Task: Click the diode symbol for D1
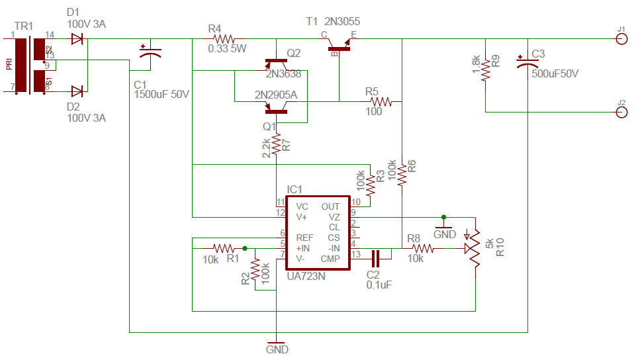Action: (77, 39)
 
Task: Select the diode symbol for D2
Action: (77, 91)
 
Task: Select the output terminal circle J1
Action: (621, 39)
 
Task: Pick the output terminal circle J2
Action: (621, 112)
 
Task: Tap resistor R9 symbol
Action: (486, 69)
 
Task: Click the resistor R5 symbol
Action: (382, 102)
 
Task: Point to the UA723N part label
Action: (306, 275)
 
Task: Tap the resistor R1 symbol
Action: (223, 248)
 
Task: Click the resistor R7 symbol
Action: (276, 144)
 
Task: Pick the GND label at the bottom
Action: (277, 349)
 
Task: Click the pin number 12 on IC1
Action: (281, 212)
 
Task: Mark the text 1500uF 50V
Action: (161, 95)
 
